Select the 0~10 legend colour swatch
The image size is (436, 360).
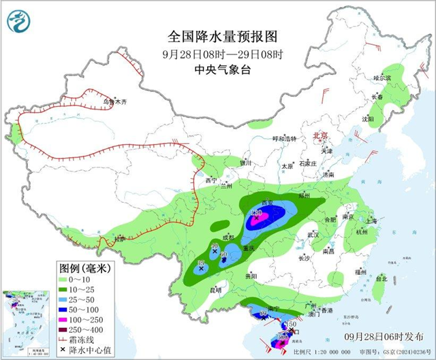(x=65, y=279)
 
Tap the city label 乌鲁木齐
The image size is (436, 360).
(x=115, y=103)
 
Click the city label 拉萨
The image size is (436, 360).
(x=120, y=239)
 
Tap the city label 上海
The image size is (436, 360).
(x=371, y=220)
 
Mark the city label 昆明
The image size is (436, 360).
(x=215, y=291)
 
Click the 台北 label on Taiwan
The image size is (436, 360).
(x=381, y=278)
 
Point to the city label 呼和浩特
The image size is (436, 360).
(x=285, y=139)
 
